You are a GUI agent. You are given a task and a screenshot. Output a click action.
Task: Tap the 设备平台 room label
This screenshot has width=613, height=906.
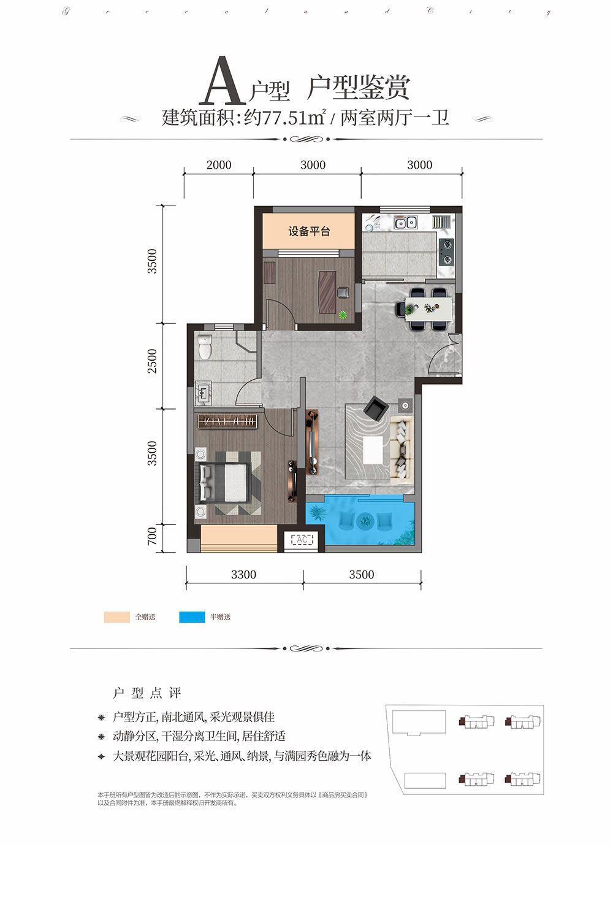[x=309, y=231]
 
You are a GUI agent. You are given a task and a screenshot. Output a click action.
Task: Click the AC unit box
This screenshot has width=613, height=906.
[x=302, y=539]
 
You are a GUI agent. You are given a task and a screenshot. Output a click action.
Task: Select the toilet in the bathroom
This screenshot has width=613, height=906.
[x=205, y=347]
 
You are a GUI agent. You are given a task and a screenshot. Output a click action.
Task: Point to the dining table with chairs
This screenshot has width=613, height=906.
[x=428, y=307]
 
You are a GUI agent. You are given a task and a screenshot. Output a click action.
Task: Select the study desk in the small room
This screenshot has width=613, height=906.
[x=327, y=291]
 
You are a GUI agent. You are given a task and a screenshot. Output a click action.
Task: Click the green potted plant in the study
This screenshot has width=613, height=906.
[x=343, y=315]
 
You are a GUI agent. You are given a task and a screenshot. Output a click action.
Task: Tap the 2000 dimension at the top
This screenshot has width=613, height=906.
[x=219, y=164]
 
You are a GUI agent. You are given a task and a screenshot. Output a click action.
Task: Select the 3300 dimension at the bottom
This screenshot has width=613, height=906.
[x=243, y=575]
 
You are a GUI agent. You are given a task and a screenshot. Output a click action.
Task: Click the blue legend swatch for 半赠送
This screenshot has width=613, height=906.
[x=192, y=617]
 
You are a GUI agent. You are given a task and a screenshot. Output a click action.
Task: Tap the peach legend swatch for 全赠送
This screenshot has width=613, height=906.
[x=116, y=617]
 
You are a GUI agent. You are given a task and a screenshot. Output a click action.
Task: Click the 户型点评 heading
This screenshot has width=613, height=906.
[x=148, y=693]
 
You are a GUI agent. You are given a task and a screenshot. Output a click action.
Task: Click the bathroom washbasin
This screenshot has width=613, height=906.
[x=203, y=392]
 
